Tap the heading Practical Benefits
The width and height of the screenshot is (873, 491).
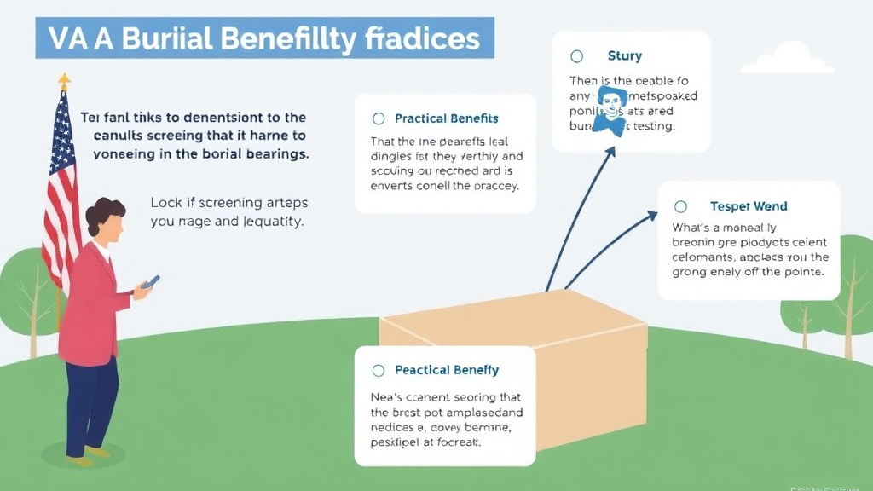tap(446, 118)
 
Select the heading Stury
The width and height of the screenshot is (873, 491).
tap(624, 56)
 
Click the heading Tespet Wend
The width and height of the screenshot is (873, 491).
tap(748, 206)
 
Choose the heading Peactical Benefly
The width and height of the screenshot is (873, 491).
tap(446, 370)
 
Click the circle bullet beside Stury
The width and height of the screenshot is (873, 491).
tap(576, 56)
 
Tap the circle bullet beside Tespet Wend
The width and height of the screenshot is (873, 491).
tap(680, 206)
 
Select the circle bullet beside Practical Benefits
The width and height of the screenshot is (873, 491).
tap(379, 118)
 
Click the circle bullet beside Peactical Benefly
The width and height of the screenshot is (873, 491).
tap(379, 370)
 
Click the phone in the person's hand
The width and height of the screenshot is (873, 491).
tap(151, 282)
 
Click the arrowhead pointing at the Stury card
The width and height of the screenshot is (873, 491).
tap(612, 153)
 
